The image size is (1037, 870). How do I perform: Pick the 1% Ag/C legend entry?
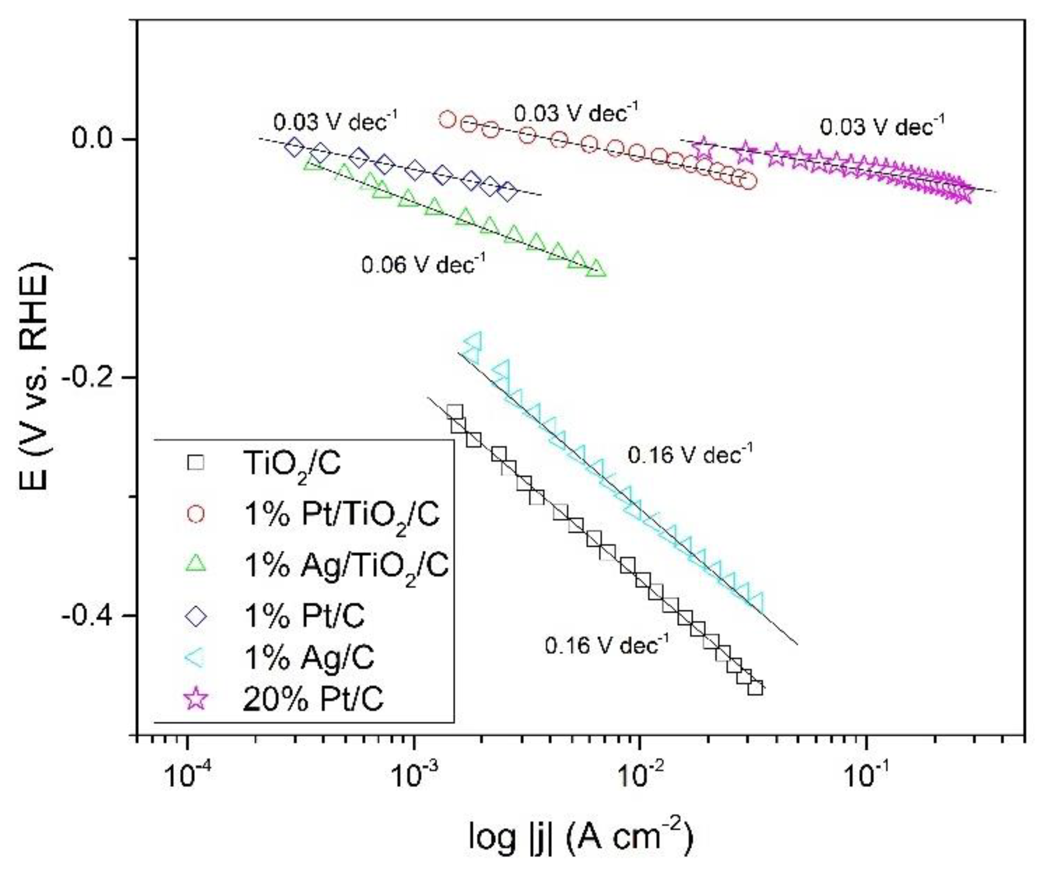pos(309,657)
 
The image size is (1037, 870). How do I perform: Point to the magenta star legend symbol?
pos(197,698)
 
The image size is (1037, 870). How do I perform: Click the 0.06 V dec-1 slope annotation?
pos(423,265)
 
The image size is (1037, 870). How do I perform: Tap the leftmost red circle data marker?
pos(448,119)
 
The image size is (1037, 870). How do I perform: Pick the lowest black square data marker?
pos(755,688)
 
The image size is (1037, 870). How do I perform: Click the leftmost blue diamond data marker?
pos(294,147)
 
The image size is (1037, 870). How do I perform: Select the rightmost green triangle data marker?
pos(597,268)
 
